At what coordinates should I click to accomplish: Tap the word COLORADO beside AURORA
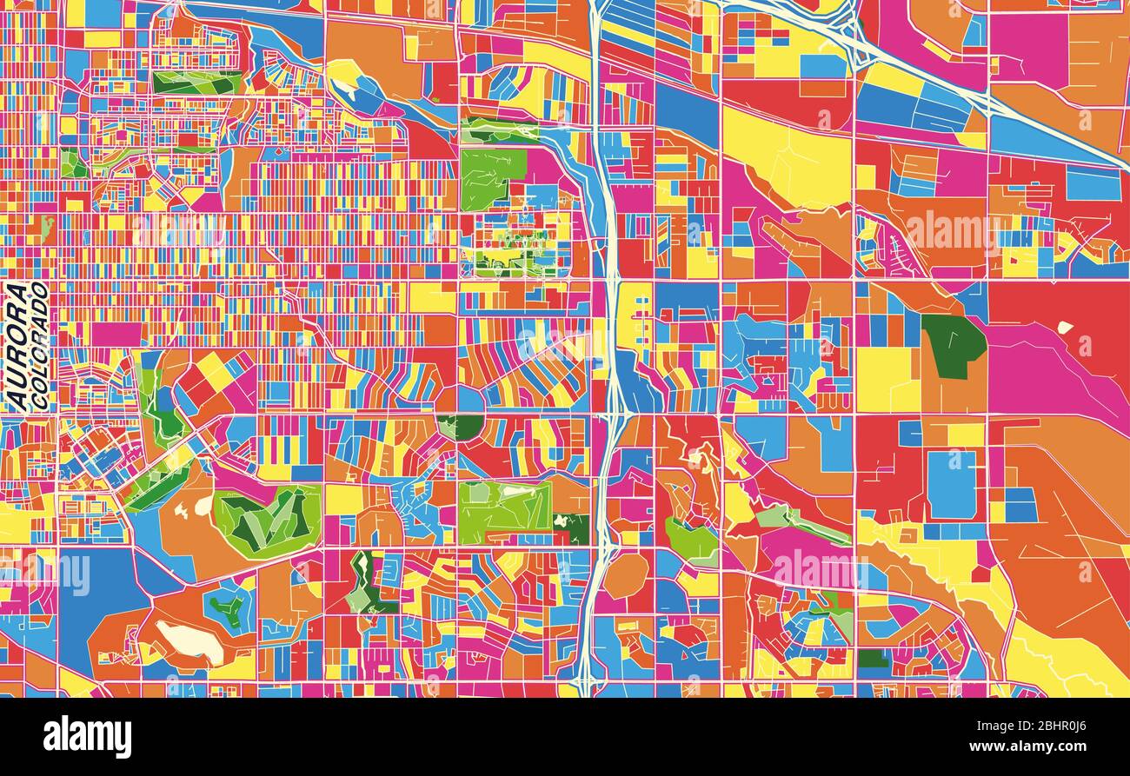[39, 345]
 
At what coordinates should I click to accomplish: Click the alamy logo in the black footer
[88, 737]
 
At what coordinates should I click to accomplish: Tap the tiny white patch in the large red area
[1064, 328]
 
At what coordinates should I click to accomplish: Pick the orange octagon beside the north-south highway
[626, 575]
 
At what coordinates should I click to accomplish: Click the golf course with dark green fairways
[266, 520]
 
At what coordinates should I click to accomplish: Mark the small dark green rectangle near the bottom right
[873, 658]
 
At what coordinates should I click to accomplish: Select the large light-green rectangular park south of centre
[504, 506]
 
